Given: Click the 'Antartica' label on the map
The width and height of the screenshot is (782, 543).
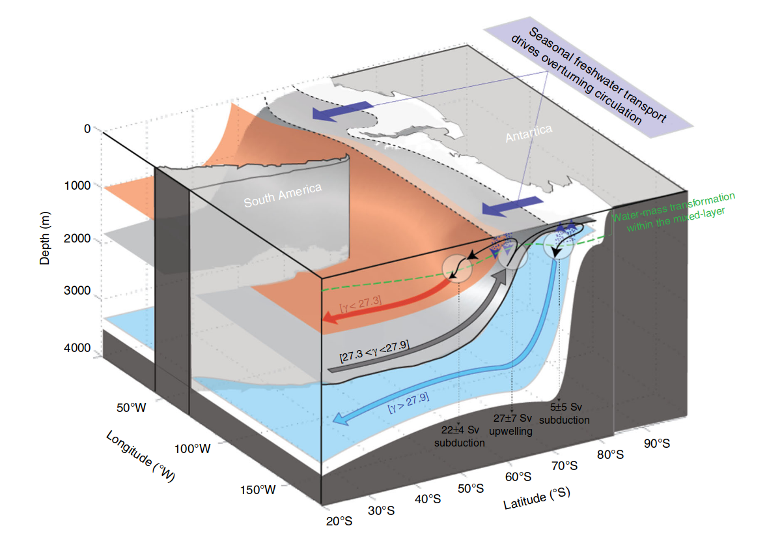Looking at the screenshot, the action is (529, 134).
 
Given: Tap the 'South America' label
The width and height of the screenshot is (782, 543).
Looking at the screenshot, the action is (283, 196).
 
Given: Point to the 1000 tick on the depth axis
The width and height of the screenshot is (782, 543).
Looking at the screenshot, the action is (77, 186).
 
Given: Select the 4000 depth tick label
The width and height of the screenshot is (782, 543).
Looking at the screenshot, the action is (77, 347).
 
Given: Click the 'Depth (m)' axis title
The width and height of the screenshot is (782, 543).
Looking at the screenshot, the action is (45, 238).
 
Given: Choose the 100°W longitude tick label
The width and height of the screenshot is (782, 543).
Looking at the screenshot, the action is (192, 448).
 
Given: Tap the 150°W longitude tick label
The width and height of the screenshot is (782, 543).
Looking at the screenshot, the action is (258, 490).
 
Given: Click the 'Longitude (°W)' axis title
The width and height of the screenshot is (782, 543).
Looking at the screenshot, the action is (140, 456).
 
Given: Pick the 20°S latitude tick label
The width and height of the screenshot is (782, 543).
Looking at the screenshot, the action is (339, 521).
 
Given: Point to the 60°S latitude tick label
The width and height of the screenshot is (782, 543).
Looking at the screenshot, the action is (518, 477).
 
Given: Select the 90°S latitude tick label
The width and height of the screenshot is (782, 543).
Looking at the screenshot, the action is (657, 443).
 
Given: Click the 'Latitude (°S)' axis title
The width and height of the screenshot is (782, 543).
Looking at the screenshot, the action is (537, 498).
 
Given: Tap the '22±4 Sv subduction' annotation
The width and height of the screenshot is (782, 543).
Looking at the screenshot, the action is (460, 436).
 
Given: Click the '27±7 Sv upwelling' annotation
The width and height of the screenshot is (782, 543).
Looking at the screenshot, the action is (511, 424).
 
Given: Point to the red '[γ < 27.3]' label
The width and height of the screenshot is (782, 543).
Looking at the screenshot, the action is (361, 304).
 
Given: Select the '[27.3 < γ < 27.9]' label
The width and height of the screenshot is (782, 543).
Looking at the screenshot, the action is (374, 351).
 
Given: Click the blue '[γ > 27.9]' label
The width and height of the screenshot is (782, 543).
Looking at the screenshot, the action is (408, 404).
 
